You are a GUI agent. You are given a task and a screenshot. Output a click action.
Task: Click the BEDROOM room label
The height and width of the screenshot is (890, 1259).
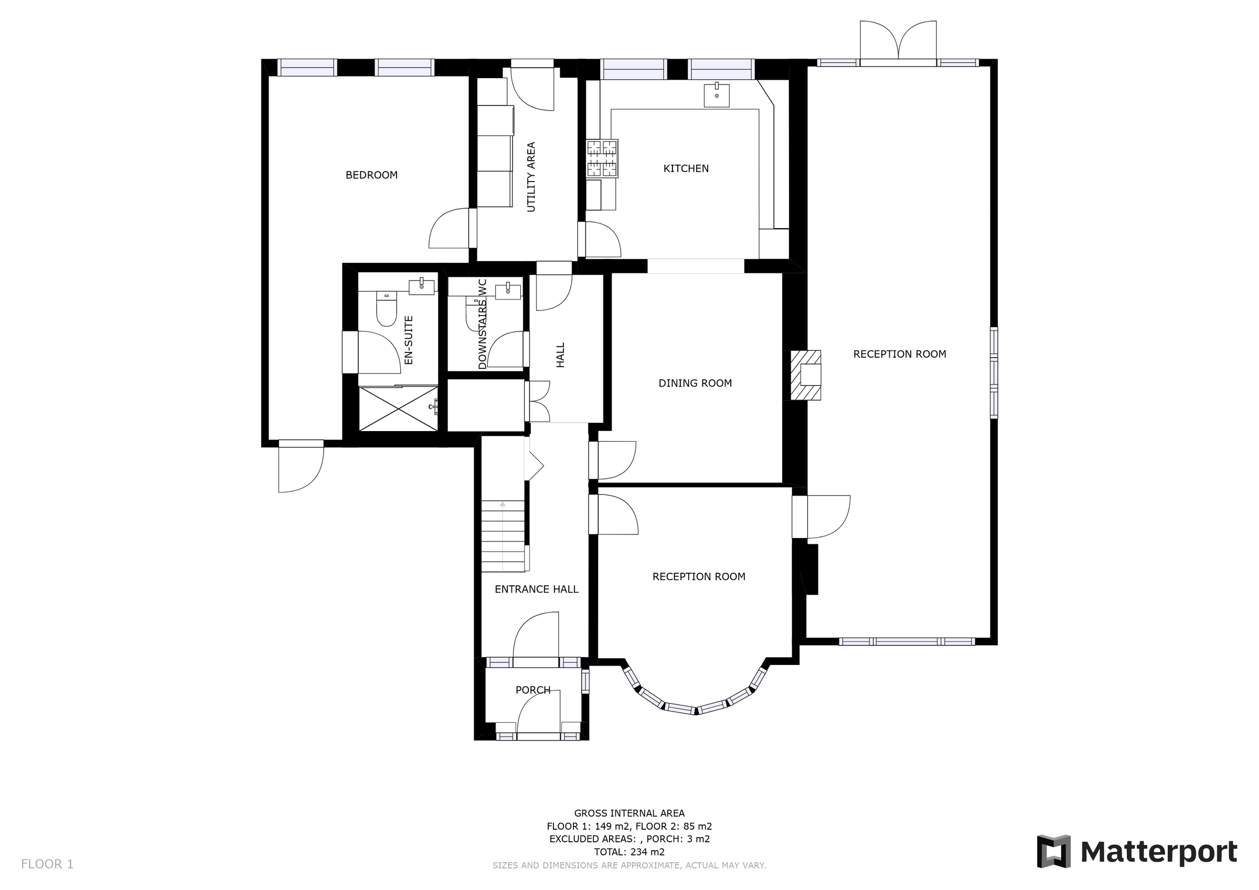click(x=371, y=175)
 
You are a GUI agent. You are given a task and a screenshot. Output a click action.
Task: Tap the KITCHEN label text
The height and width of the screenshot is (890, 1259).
click(x=686, y=168)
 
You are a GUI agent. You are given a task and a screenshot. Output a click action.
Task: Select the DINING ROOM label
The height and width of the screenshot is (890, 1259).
click(x=695, y=383)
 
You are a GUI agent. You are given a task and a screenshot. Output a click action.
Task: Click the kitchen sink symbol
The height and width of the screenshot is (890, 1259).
click(x=717, y=95)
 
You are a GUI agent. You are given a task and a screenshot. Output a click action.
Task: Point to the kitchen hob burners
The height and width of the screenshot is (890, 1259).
click(x=602, y=158)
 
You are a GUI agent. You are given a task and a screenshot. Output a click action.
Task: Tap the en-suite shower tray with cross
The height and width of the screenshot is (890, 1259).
click(x=398, y=409)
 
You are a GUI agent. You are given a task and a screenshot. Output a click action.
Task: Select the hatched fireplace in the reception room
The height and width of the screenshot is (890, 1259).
click(x=806, y=375)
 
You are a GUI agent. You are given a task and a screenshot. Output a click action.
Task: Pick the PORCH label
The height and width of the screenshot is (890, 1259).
click(x=532, y=690)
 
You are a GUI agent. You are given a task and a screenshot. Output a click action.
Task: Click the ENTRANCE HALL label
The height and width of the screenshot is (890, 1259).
click(x=536, y=589)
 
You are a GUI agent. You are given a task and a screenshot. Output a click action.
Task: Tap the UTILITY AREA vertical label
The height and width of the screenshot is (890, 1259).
click(x=531, y=177)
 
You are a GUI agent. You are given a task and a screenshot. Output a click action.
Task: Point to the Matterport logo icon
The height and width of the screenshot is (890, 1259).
click(x=1054, y=852)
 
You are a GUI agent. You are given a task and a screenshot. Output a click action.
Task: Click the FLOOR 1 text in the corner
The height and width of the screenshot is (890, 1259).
click(x=47, y=864)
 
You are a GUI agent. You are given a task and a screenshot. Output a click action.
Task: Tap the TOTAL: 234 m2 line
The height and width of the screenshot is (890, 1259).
click(x=629, y=852)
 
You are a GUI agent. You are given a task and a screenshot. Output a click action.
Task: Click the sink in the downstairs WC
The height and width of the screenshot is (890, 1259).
click(x=508, y=291)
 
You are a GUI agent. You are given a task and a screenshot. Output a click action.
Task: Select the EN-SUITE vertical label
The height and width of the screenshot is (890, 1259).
click(x=408, y=340)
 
